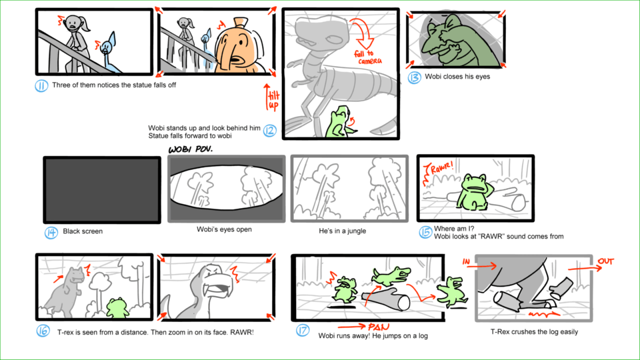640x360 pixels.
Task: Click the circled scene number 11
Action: point(41,86)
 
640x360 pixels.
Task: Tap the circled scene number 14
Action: point(51,233)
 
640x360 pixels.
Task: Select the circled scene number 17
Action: point(303,330)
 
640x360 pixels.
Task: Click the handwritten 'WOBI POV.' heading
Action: point(191,149)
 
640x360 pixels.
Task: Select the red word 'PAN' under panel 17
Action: point(379,327)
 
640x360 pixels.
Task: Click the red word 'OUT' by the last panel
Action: point(606,261)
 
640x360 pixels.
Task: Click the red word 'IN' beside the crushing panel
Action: point(466,261)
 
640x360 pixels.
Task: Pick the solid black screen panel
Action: point(102,190)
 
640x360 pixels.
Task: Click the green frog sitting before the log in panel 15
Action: point(473,192)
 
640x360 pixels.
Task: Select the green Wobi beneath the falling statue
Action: point(339,122)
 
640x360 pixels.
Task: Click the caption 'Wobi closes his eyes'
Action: point(457,76)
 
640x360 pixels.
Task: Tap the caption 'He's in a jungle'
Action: point(342,231)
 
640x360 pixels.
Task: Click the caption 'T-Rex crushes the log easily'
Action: point(534,332)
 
